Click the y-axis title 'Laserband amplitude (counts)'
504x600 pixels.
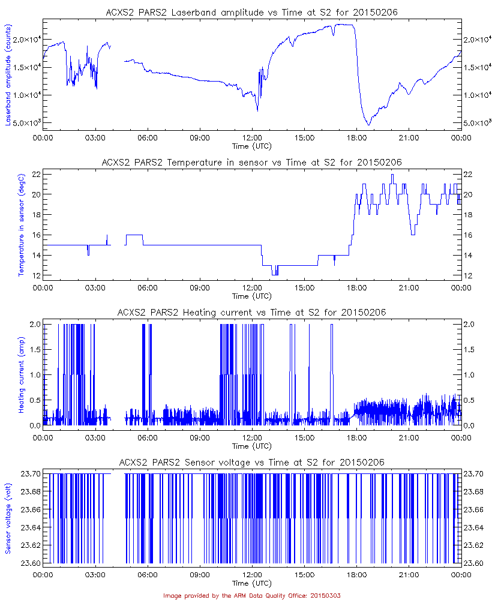pos(8,74)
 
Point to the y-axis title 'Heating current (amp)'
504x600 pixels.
pos(21,374)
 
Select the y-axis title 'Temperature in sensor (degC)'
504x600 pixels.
pos(21,224)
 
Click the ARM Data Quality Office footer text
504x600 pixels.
pos(252,595)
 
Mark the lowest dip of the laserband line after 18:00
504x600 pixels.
pos(369,125)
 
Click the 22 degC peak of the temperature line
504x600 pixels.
pos(392,175)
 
